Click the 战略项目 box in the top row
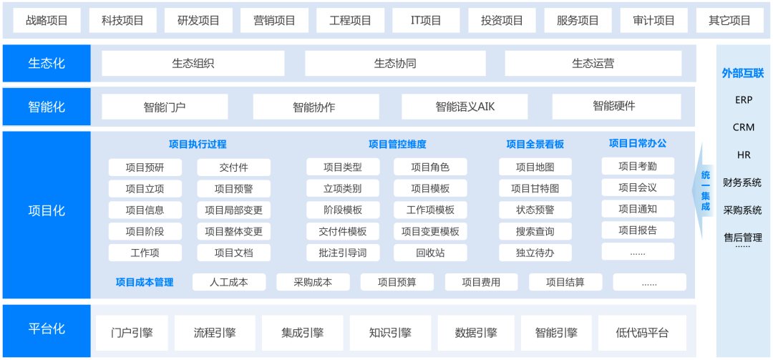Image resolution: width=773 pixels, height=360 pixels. coord(47,20)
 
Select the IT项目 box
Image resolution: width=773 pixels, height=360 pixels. coord(426,20)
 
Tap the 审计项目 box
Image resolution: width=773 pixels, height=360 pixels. coord(653,20)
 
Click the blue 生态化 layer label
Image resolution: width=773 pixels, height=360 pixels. coord(47,63)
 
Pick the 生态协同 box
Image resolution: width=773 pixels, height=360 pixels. coord(395,63)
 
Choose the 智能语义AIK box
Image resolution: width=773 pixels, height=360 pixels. coord(465,107)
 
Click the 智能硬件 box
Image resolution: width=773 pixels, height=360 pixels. coord(616,107)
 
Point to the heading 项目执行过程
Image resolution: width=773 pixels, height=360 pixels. coord(198,145)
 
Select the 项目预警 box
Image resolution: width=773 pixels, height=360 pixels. coord(233,188)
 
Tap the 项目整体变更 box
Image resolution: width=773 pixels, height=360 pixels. coord(233,231)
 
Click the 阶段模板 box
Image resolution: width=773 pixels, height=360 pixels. coord(343,210)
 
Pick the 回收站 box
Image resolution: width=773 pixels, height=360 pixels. coord(430,253)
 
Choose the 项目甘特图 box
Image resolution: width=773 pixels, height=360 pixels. coord(535,188)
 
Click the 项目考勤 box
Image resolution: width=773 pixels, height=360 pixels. coord(638,166)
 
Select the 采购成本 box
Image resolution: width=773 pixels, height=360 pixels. coord(313,282)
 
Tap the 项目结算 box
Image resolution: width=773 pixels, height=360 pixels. coord(565,282)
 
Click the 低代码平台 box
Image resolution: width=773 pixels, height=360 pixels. coord(642,333)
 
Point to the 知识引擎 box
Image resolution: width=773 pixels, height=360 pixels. coord(391,333)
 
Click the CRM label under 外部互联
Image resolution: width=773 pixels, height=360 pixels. coord(744,127)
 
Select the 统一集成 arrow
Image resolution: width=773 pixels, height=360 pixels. coord(704,190)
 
